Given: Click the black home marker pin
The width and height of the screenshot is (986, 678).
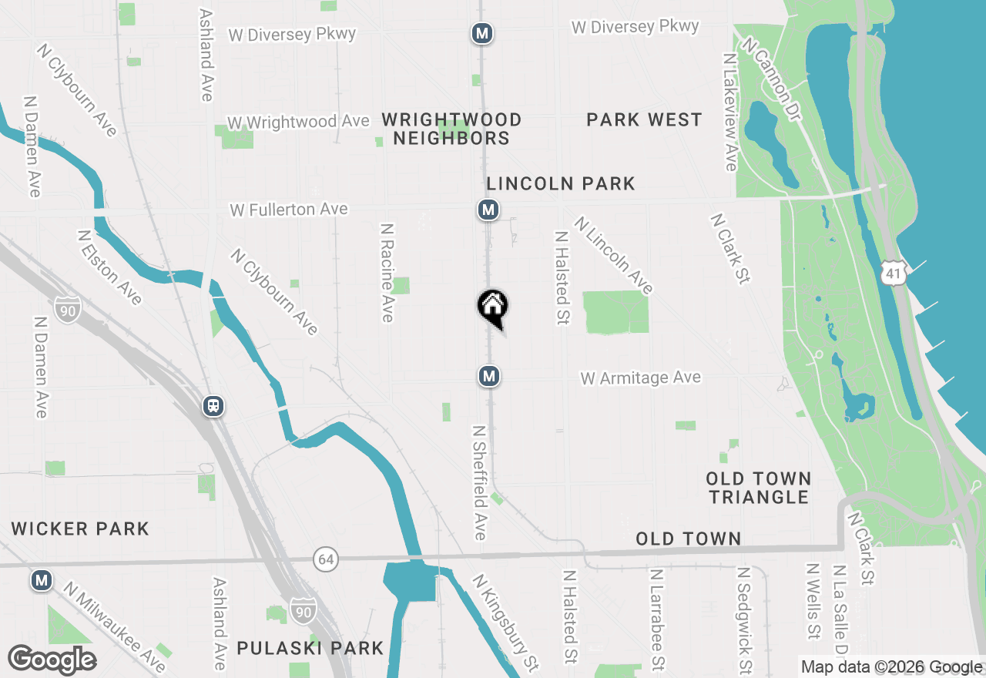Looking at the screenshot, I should tap(493, 307).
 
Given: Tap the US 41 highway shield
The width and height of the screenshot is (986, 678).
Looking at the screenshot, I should tap(894, 274).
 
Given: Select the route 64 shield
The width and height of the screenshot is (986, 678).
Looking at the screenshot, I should tap(326, 559).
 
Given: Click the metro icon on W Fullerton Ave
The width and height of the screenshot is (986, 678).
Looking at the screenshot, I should tap(488, 210).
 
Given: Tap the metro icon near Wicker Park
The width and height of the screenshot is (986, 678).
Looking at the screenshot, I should tap(42, 580).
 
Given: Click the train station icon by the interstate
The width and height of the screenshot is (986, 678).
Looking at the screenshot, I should tap(213, 406).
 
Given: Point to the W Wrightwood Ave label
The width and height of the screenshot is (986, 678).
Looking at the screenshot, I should tap(298, 123).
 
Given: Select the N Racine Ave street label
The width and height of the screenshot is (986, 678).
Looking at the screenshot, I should tap(387, 273).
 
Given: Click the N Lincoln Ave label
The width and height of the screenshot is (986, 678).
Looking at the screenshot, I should tap(613, 255).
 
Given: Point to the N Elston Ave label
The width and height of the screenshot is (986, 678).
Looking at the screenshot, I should tap(109, 267).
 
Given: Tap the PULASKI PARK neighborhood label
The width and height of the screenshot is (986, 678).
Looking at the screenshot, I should tap(310, 648).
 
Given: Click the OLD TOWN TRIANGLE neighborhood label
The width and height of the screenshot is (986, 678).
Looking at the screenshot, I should tap(759, 488).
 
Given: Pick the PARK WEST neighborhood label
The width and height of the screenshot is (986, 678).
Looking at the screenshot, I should tap(644, 119).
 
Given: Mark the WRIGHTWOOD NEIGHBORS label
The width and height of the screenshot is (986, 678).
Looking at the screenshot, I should tap(451, 129).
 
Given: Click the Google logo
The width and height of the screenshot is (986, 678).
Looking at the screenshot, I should tap(52, 660).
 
